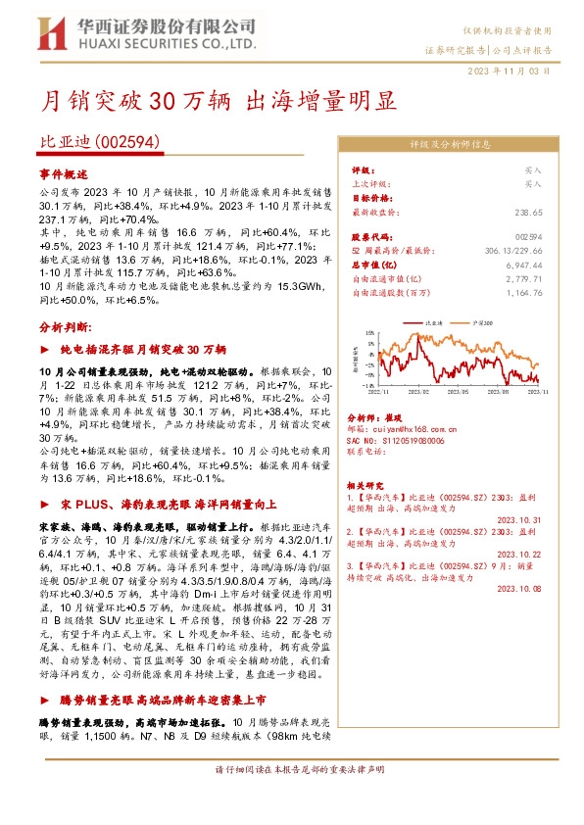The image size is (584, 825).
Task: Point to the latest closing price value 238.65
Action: (528, 212)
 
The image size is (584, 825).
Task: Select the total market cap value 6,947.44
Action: (523, 265)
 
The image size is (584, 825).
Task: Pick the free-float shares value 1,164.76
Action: (523, 292)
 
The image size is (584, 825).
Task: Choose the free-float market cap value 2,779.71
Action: (523, 278)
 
